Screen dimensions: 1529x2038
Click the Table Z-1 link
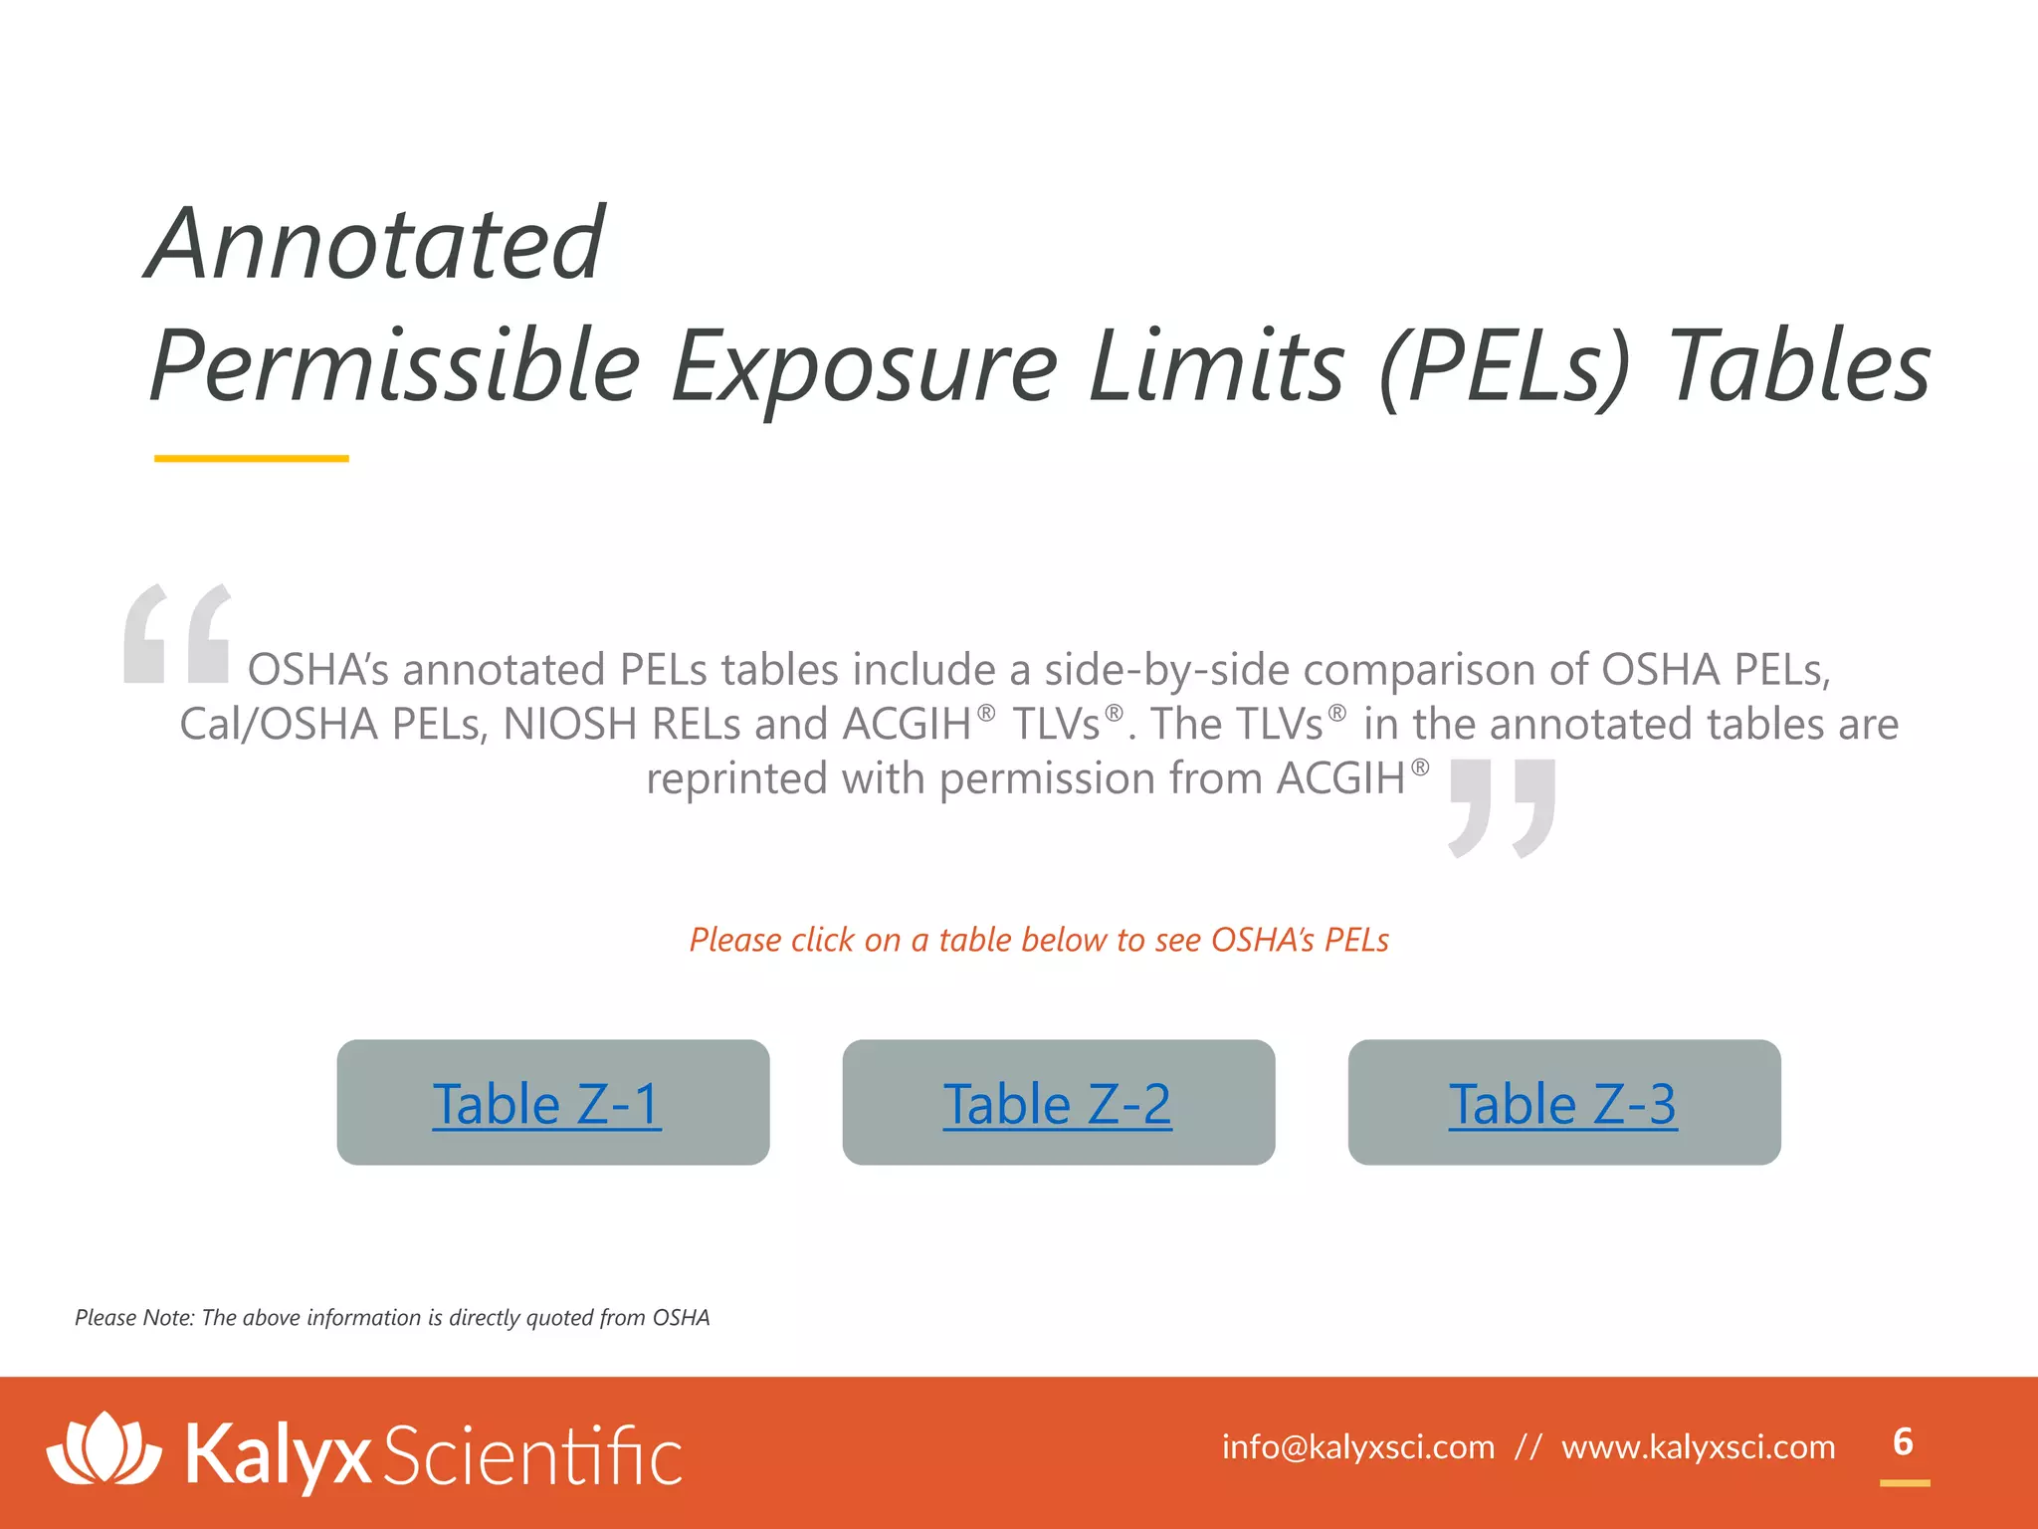tap(546, 1104)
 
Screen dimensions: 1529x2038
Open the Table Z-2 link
tap(1057, 1104)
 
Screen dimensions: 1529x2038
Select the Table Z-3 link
tap(1562, 1104)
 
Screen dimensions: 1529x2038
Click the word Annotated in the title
tap(376, 244)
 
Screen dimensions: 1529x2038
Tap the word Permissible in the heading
tap(395, 367)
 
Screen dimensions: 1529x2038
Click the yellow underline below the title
tap(251, 459)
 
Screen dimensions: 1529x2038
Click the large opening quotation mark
tap(177, 634)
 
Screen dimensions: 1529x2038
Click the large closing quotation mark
tap(1502, 807)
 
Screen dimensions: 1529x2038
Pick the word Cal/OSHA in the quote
tap(278, 725)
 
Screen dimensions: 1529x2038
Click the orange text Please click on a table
tap(1038, 940)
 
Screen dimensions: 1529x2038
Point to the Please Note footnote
tap(392, 1318)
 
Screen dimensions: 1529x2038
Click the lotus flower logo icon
tap(103, 1449)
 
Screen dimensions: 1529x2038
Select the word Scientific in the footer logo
tap(532, 1455)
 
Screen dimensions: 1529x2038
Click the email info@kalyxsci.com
tap(1357, 1446)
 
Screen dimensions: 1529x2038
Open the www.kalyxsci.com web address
tap(1698, 1446)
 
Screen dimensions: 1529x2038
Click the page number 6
tap(1903, 1442)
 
